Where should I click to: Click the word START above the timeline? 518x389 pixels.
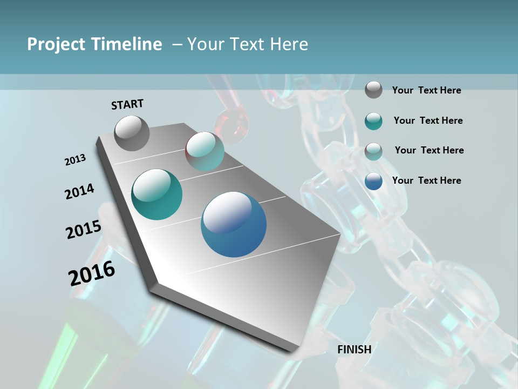coord(127,104)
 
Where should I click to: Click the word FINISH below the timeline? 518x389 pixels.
coord(355,349)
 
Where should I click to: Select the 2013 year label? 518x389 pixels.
coord(75,160)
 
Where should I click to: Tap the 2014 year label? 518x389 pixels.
coord(79,191)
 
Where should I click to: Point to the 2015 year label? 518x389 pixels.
coord(84,229)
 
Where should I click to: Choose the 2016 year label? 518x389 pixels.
coord(92,273)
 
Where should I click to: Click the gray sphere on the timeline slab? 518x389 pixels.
coord(132,133)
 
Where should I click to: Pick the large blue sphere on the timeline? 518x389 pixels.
coord(234,224)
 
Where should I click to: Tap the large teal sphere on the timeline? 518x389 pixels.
coord(156,194)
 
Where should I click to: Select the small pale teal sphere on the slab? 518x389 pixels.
coord(205,151)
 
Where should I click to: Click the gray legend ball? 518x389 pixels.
coord(373,90)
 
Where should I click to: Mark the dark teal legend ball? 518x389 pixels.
coord(373,121)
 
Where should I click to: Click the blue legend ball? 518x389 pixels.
coord(373,181)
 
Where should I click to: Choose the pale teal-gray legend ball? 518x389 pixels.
coord(373,151)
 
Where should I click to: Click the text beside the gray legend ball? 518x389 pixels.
coord(426,90)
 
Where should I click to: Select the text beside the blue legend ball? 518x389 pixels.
coord(426,180)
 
